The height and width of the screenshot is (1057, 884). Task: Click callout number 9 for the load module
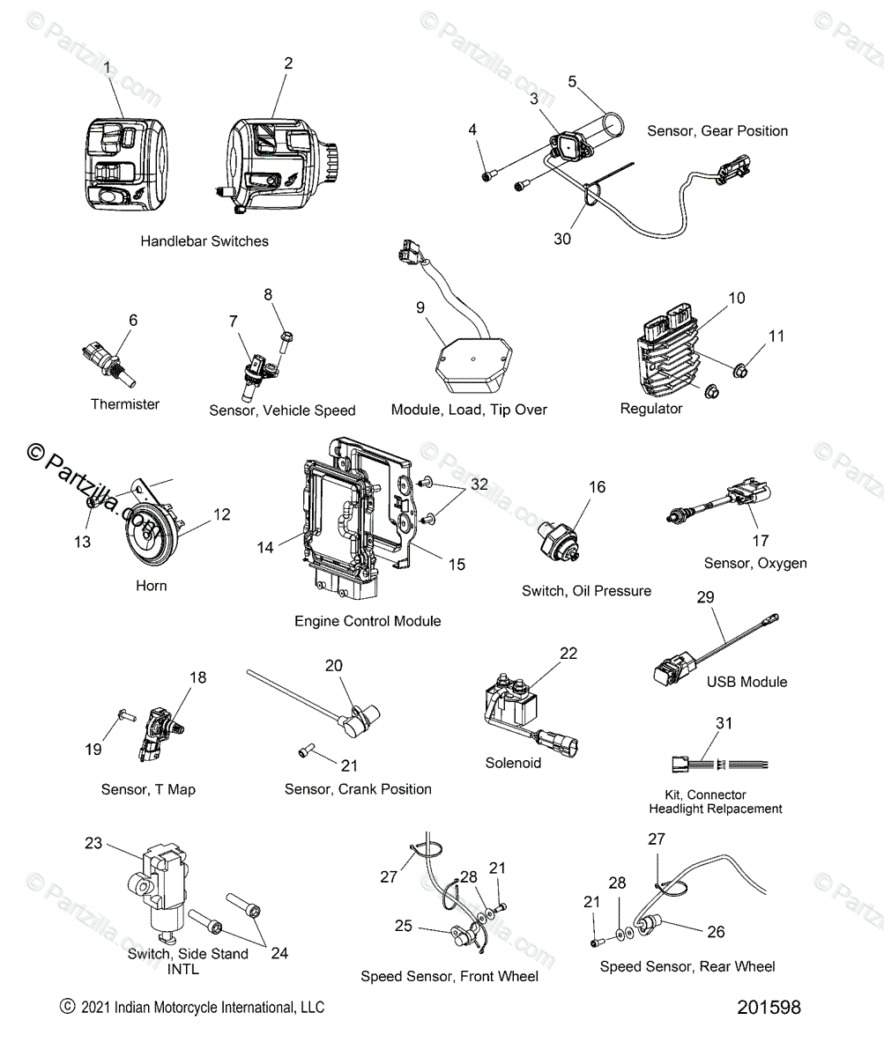[420, 307]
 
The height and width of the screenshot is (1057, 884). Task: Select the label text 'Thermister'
[125, 404]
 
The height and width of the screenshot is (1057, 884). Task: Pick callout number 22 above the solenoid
[568, 653]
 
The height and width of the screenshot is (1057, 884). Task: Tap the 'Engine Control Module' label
[368, 621]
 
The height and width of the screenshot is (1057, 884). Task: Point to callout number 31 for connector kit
[724, 723]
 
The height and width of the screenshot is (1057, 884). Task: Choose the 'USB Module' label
[747, 682]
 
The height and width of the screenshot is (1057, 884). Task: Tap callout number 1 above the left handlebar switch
[108, 67]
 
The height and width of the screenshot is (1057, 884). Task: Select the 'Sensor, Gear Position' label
[717, 131]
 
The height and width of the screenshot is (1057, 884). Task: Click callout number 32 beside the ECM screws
[479, 484]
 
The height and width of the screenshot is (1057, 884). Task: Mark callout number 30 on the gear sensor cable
[561, 239]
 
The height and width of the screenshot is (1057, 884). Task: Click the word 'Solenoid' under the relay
[513, 763]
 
